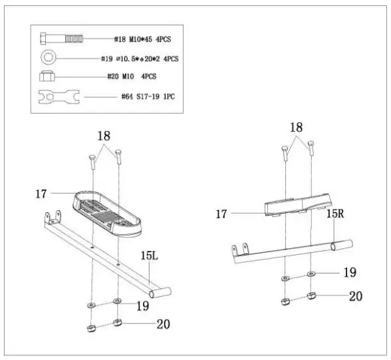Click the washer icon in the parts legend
[51, 58]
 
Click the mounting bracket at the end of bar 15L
[52, 218]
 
